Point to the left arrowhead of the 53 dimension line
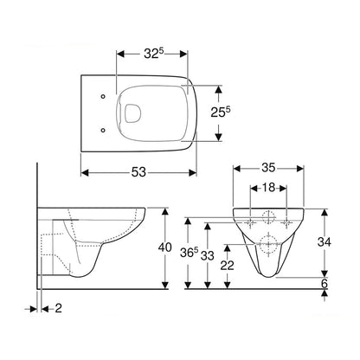click(x=85, y=170)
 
